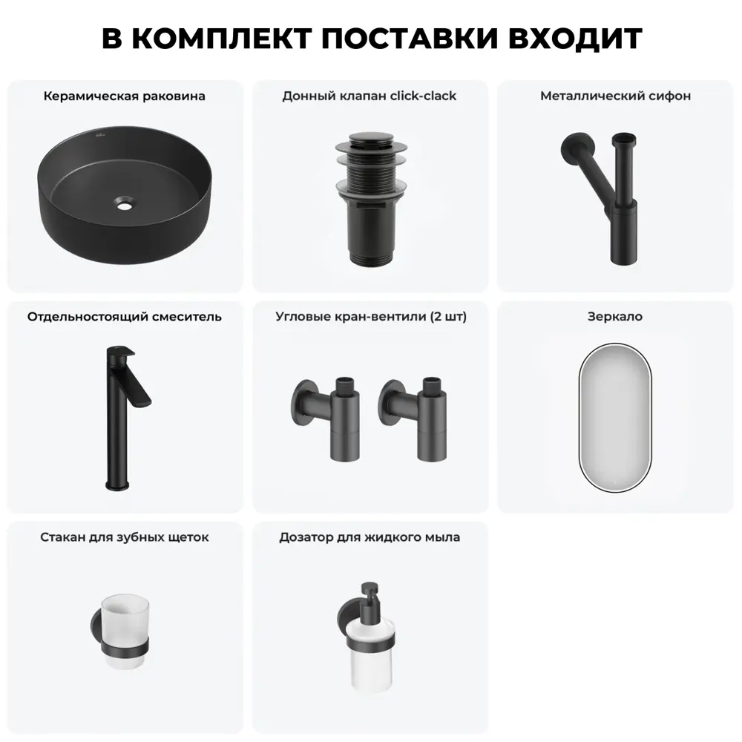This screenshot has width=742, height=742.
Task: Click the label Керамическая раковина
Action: pos(125,96)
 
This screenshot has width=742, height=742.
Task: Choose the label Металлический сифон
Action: pos(615,96)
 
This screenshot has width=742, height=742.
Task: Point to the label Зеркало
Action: pos(614,317)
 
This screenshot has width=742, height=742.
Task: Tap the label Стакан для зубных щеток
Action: pos(125,537)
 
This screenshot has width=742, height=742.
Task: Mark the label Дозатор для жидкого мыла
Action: pos(370,537)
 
